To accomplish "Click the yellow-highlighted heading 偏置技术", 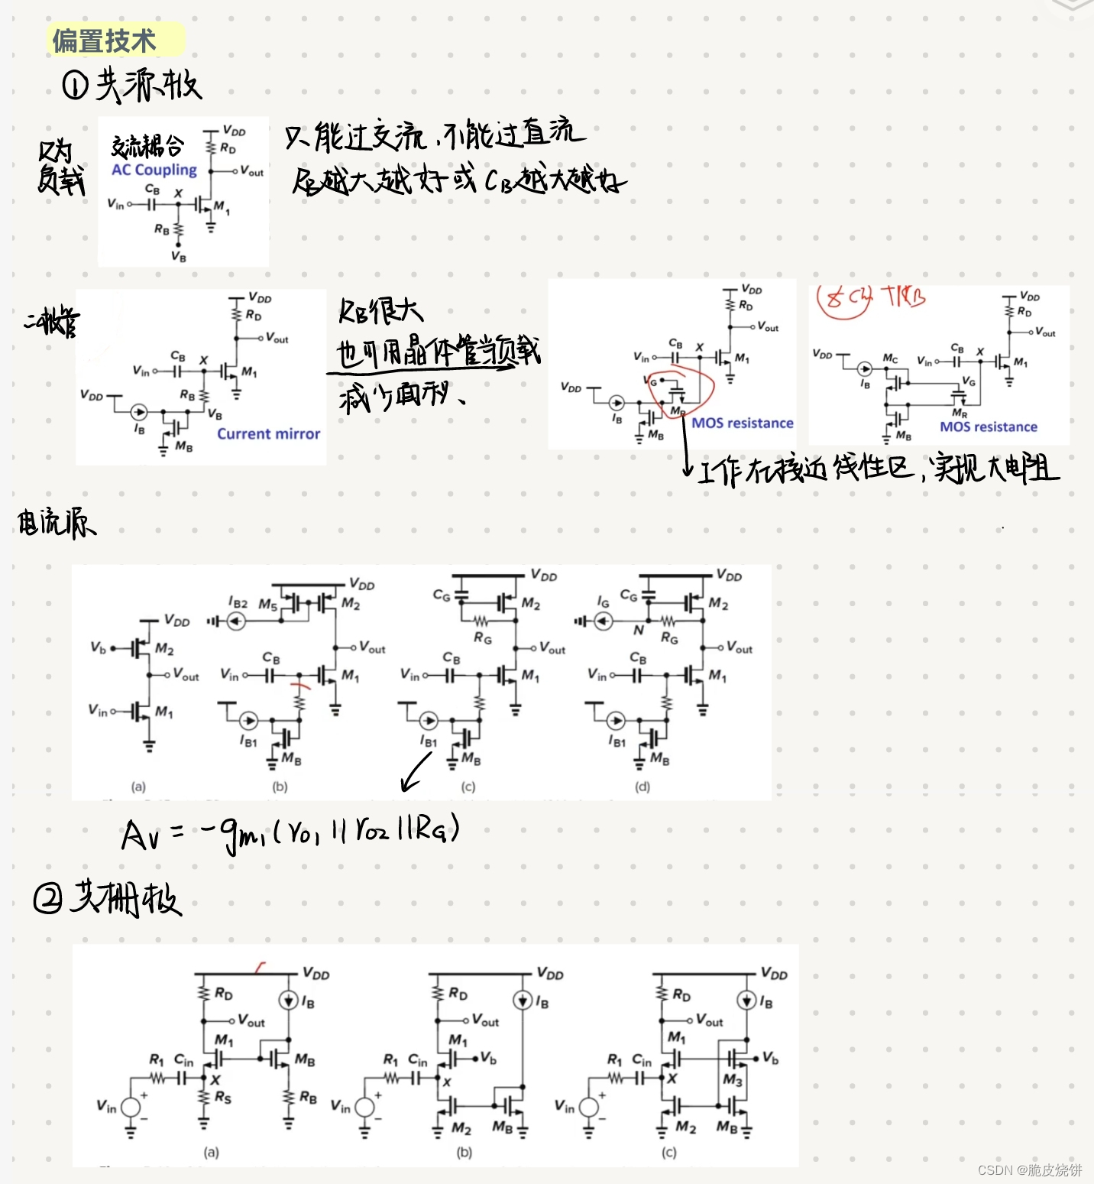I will (x=104, y=40).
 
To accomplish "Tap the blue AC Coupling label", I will (x=154, y=170).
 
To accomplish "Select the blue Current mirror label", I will (x=268, y=433).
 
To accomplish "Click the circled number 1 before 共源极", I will (x=75, y=85).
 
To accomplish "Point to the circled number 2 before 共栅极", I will (x=47, y=898).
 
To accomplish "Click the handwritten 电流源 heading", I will (x=57, y=523).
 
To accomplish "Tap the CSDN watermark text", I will (x=1029, y=1170).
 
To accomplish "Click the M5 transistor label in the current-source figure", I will (x=267, y=605).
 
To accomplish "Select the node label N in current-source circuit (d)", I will (x=638, y=631).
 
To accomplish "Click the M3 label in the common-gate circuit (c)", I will (x=732, y=1079).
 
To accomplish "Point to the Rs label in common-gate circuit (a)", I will (x=222, y=1098).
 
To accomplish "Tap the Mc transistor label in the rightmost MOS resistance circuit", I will (x=890, y=358).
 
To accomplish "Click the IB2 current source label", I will (x=238, y=603).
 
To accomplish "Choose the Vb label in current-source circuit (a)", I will (x=98, y=647).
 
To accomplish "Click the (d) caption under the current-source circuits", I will (x=642, y=786).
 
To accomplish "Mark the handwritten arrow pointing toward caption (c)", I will (x=416, y=771).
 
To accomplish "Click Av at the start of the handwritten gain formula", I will (x=141, y=835).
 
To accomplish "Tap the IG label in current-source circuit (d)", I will (x=604, y=602).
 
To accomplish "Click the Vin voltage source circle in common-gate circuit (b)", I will (x=364, y=1107).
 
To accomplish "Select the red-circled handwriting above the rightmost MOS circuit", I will (x=843, y=300).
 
